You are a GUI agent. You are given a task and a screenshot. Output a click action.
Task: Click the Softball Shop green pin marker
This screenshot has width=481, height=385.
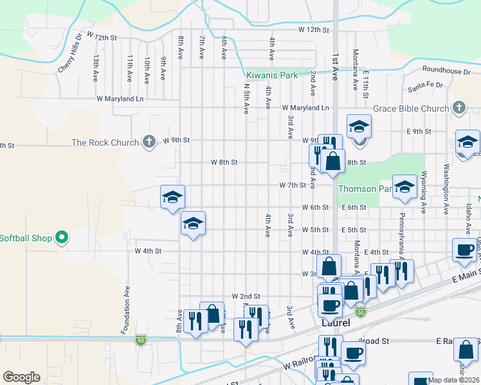62,238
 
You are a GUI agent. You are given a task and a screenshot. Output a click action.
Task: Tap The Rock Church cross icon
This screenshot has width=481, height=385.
149,141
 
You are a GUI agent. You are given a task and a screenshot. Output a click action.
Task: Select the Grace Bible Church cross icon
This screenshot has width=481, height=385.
458,108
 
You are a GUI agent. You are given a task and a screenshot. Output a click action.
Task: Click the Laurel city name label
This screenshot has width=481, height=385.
335,323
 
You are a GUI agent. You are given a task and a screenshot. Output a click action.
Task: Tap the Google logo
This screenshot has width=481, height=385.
21,377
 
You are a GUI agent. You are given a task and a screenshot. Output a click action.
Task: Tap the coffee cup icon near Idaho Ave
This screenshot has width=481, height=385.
464,251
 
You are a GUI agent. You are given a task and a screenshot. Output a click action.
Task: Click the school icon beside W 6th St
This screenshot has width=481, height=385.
172,197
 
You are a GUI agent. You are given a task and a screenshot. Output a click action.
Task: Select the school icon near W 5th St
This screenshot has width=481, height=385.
193,223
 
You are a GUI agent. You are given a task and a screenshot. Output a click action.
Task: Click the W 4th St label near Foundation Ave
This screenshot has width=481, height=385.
148,251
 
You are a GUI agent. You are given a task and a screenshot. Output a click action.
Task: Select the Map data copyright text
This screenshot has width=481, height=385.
454,379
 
